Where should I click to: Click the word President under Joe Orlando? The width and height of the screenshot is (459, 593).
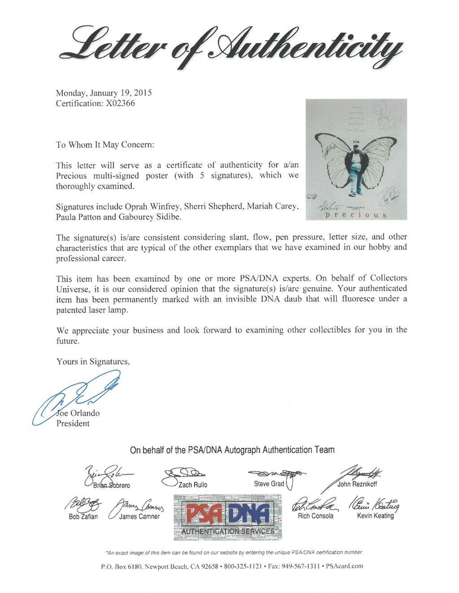point(72,423)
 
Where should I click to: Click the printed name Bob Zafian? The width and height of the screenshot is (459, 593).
point(83,516)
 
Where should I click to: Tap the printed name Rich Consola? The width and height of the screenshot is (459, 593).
point(315,515)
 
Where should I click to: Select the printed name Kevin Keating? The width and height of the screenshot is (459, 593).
point(375,515)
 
